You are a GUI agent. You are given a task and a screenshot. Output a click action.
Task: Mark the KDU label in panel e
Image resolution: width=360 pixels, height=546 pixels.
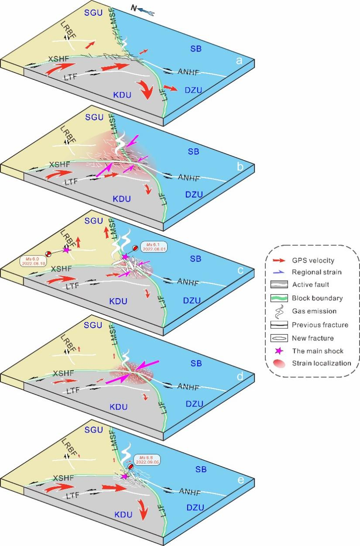[123, 515]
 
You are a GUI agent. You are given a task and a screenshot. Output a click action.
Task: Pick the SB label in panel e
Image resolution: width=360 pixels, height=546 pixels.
[201, 470]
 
